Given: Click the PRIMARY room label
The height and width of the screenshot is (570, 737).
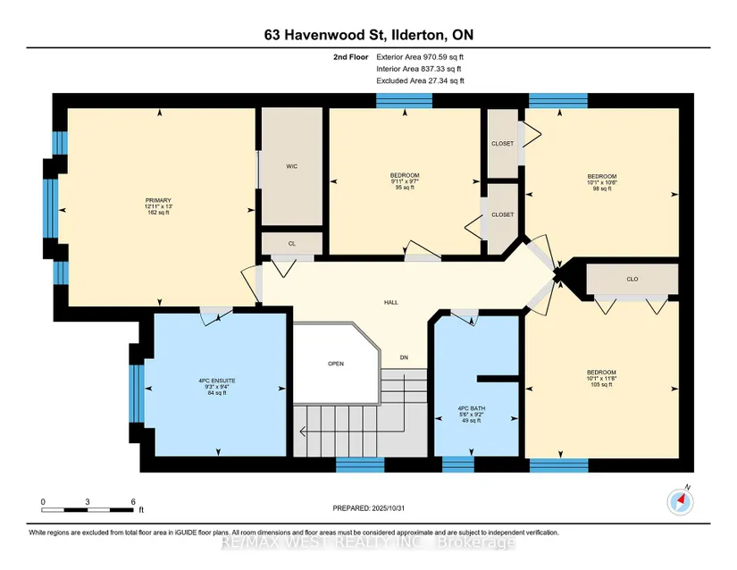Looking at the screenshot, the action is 158,200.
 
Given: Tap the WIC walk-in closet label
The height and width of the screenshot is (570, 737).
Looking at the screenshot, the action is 292,166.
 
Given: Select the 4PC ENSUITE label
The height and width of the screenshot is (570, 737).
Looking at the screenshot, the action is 217,381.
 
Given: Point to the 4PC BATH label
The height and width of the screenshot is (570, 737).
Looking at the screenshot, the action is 472,408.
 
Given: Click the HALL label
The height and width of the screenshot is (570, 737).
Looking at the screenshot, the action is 391,303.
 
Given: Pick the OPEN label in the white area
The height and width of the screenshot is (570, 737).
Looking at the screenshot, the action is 336,364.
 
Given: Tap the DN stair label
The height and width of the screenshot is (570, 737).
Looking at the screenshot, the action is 404,357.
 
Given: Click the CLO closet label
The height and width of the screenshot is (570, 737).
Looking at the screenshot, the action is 632,279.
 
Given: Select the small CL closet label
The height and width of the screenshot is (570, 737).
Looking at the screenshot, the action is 292,243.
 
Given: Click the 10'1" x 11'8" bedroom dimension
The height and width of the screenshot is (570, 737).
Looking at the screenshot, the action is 601,378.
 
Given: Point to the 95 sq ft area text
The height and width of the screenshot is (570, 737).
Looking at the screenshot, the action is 405,188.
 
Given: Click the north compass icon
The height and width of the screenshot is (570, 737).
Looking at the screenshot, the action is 680,502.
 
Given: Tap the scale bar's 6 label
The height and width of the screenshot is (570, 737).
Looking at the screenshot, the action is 133,502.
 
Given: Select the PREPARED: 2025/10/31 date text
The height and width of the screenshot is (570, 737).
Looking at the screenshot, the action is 368,508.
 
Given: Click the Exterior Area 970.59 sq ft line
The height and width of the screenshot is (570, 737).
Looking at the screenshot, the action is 420,57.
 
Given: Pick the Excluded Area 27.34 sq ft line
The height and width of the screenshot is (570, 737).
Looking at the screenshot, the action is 420,80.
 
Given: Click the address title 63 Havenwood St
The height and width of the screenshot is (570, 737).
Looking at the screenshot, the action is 324,35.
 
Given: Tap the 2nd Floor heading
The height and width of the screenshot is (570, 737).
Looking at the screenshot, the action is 351,57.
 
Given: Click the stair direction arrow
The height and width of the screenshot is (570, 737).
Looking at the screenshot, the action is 352,431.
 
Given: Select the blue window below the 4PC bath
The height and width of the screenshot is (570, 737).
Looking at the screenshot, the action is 458,465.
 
